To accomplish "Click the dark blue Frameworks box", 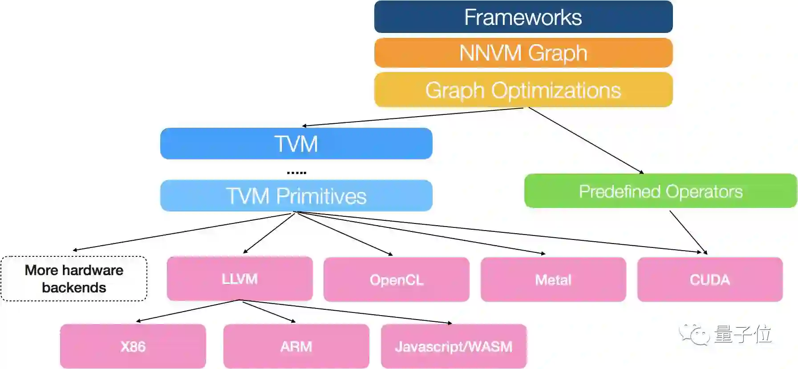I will [523, 17].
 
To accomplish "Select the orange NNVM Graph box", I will [523, 53].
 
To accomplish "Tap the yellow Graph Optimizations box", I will [523, 90].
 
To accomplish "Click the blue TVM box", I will [296, 144].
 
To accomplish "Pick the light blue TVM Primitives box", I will [296, 196].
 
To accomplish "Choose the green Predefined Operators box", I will [660, 191].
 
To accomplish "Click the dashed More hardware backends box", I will [74, 279].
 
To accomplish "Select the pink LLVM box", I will [239, 279].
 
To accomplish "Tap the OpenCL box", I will [396, 280].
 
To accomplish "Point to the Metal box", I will [553, 280].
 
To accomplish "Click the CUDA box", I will [710, 280].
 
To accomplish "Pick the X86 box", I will [133, 346].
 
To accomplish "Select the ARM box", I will [296, 346].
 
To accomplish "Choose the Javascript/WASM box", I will [454, 346].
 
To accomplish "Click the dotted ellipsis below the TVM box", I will [296, 172].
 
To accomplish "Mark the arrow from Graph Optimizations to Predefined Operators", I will [586, 140].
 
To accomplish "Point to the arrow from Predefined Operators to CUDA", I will [688, 232].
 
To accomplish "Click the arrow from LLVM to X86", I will [188, 311].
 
